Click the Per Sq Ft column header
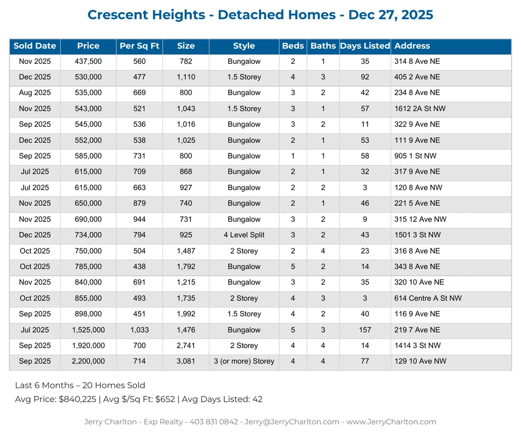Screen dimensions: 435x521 (139, 46)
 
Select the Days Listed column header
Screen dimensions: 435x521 (365, 46)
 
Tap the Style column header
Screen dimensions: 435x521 (244, 46)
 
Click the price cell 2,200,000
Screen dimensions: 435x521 (88, 361)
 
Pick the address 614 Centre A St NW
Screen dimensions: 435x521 (427, 298)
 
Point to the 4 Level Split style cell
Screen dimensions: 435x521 (244, 235)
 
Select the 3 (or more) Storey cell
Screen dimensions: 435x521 (244, 361)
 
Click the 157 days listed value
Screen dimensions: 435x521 (365, 330)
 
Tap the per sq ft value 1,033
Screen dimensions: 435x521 (139, 330)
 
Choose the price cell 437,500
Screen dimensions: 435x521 (88, 61)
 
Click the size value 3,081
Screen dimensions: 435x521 (186, 361)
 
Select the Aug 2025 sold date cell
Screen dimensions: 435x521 (35, 93)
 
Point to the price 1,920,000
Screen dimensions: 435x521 (88, 345)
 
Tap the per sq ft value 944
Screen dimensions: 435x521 (139, 219)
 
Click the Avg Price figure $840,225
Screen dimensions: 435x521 (78, 399)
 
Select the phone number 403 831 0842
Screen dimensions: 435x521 (214, 421)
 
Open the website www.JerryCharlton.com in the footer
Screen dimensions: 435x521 (391, 421)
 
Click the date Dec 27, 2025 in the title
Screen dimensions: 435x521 (390, 15)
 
